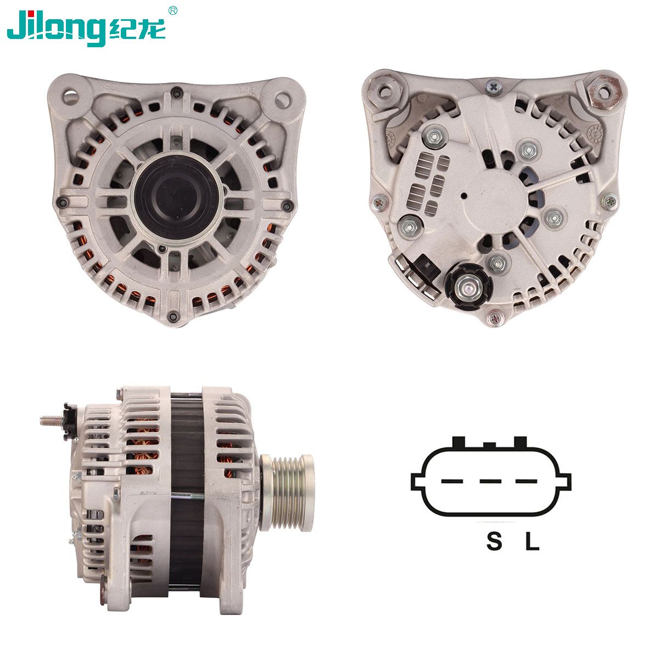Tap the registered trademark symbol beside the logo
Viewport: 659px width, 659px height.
(173, 10)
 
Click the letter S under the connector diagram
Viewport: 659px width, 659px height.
(494, 540)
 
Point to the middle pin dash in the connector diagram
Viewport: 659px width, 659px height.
(490, 482)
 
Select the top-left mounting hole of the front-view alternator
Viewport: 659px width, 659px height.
(70, 97)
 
